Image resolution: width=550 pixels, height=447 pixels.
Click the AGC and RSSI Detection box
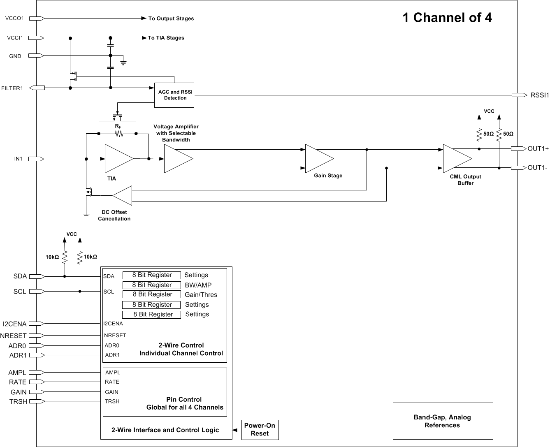point(174,95)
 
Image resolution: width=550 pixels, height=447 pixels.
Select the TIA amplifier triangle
point(117,158)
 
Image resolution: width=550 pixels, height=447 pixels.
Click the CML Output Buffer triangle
point(455,158)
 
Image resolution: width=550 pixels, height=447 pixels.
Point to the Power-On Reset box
point(260,429)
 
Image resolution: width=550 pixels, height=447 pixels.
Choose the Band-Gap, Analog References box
point(443,421)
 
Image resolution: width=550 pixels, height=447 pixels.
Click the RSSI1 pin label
point(539,95)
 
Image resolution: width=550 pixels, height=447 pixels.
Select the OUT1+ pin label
point(538,149)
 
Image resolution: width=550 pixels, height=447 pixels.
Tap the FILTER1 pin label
point(12,88)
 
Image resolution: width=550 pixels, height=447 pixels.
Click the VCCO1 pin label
point(15,19)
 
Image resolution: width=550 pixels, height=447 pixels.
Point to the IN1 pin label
point(19,159)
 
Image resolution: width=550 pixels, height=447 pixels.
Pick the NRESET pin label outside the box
point(13,336)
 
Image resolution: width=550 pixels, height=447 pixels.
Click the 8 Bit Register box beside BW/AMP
point(152,285)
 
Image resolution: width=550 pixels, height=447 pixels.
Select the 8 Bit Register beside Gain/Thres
point(152,294)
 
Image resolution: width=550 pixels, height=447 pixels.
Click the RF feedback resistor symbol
point(118,134)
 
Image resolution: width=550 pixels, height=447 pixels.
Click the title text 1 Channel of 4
point(447,18)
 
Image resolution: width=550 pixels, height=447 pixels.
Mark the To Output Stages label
point(171,19)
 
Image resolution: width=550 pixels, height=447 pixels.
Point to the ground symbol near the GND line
point(123,63)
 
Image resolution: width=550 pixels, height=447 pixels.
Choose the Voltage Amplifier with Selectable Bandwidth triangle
point(176,158)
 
